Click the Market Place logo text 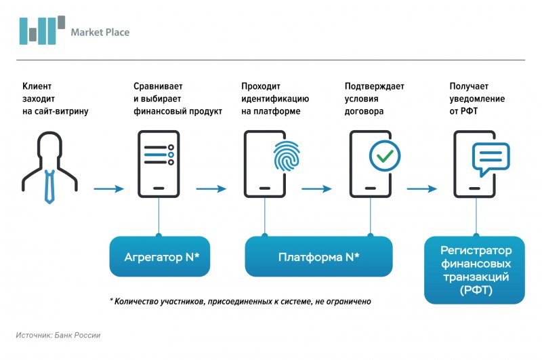[x=100, y=32]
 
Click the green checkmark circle [x=384, y=156]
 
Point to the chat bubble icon [x=490, y=158]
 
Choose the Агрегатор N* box [x=161, y=257]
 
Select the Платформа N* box [x=318, y=257]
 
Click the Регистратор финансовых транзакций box [x=475, y=271]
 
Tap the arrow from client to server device [x=109, y=188]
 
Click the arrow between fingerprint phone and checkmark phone [x=318, y=188]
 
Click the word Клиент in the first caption [x=37, y=86]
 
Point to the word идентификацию [x=274, y=98]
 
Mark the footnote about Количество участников [x=241, y=301]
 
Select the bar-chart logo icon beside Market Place [x=42, y=30]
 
